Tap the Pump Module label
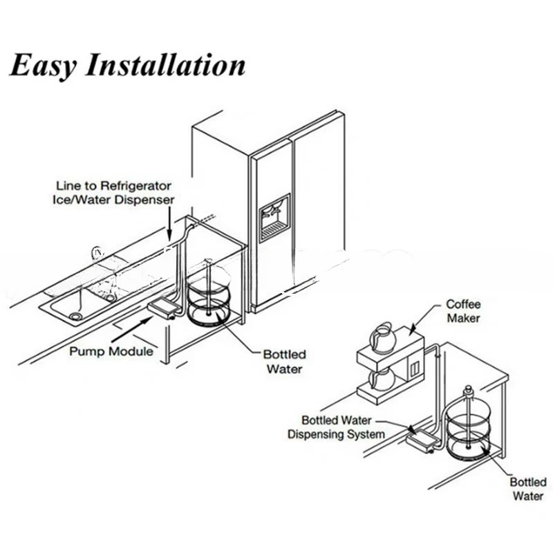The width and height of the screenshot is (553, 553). [x=111, y=350]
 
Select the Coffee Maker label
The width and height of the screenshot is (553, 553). [x=462, y=311]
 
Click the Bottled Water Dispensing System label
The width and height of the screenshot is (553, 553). [x=336, y=427]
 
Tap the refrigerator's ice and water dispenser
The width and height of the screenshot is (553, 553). [x=274, y=217]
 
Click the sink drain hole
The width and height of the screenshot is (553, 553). [x=75, y=315]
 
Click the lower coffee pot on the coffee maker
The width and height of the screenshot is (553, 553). [x=382, y=378]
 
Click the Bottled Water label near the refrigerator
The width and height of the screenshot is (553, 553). [x=284, y=362]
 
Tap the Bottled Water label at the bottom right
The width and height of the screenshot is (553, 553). [x=528, y=489]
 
